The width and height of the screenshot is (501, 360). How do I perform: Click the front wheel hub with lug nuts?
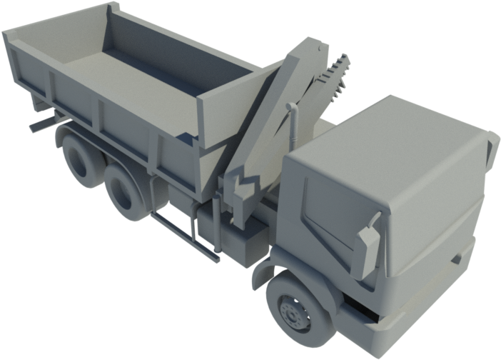click(x=292, y=313)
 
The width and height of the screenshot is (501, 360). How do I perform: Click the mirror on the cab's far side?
click(x=491, y=150)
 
